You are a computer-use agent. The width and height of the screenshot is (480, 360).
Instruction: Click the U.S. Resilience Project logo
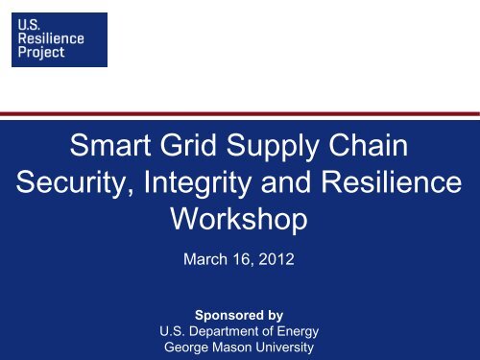point(59,38)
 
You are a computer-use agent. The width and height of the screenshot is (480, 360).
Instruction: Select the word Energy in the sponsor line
point(293,332)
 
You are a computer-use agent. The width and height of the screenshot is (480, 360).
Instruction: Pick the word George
point(191,348)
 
